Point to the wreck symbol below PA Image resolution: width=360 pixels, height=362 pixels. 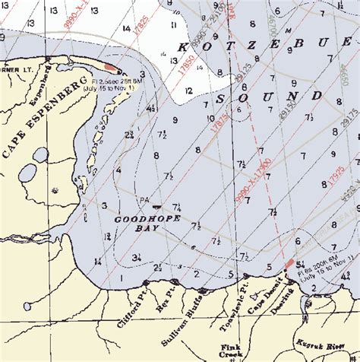click(x=157, y=206)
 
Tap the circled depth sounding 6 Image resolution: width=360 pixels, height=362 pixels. click(x=238, y=110)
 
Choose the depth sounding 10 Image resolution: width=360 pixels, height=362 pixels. click(x=210, y=118)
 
